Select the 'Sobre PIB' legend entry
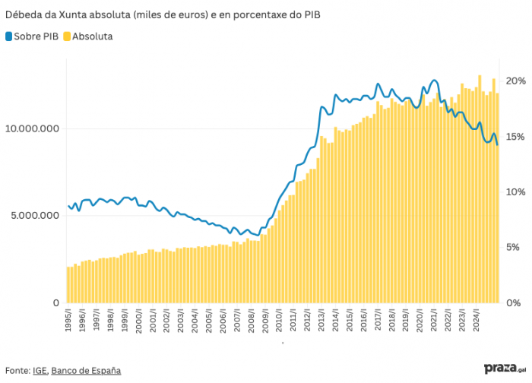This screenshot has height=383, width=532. point(36,36)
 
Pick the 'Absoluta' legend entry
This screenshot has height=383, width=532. point(92,36)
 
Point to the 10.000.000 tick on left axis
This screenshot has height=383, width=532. point(32,128)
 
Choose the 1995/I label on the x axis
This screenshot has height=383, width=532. point(68,320)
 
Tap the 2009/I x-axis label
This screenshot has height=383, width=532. point(265,320)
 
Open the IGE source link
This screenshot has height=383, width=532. point(40,371)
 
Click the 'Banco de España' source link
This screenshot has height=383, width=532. point(86,371)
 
